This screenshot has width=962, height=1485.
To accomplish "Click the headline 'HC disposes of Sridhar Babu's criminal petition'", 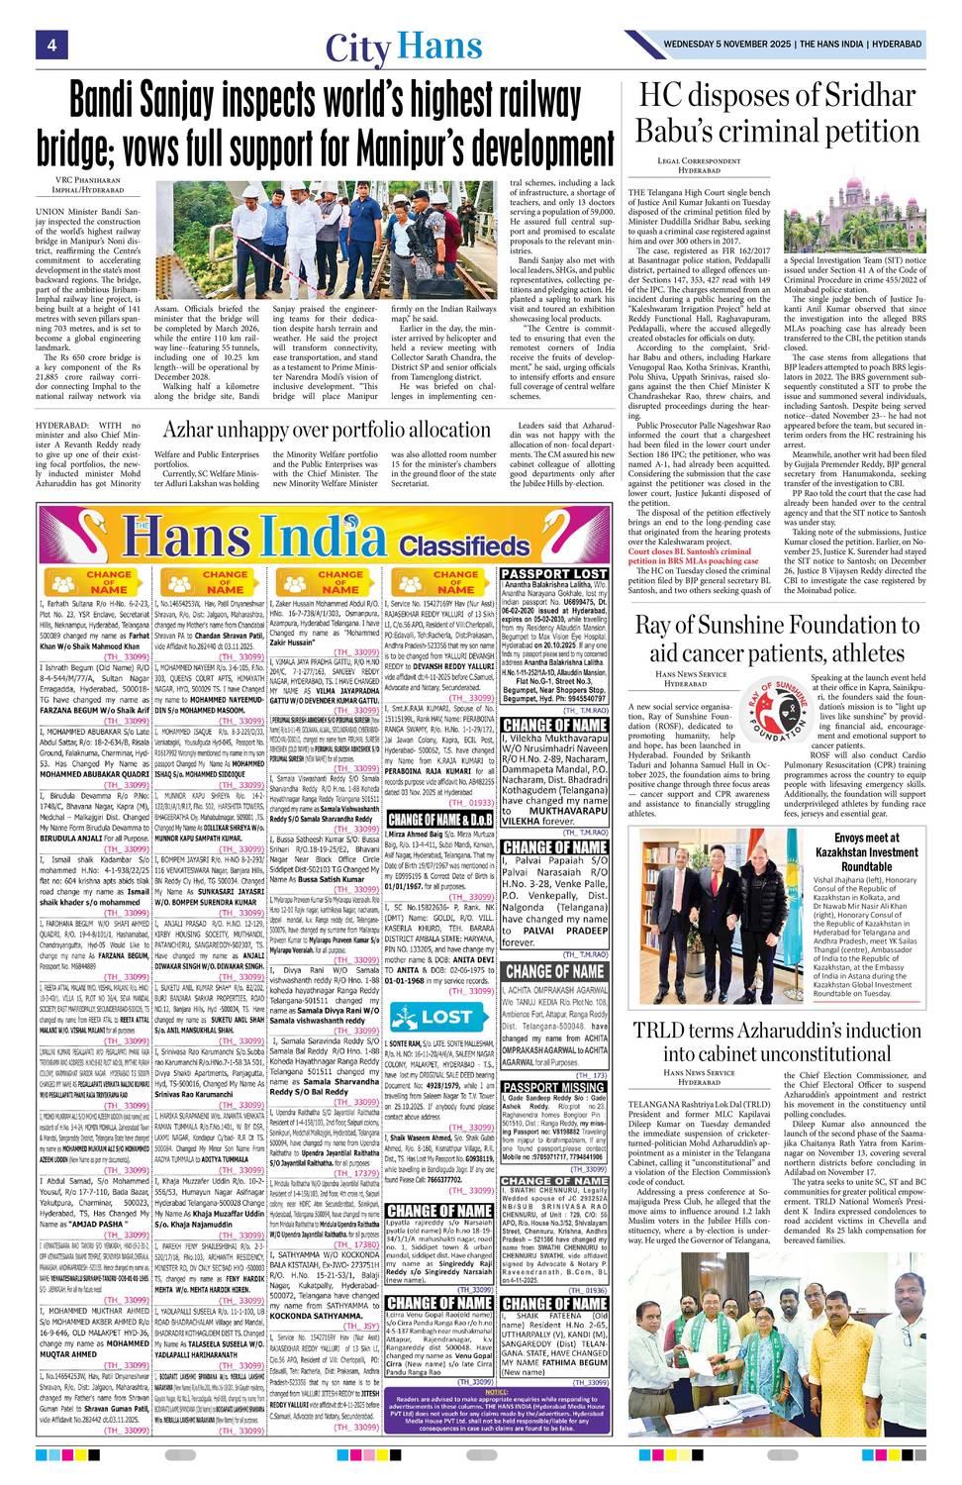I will [x=777, y=113].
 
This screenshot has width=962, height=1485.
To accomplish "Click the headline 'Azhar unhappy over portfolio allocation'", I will [x=328, y=430].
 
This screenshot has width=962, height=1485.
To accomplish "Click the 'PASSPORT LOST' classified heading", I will [x=554, y=573].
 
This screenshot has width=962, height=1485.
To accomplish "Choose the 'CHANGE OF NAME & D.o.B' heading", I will [x=438, y=820].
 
